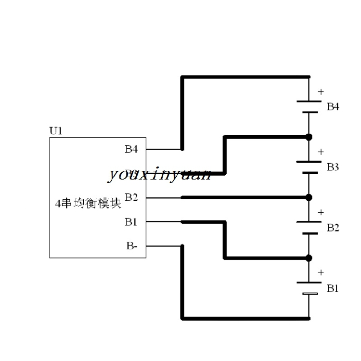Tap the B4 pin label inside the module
(131, 149)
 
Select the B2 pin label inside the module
(131, 197)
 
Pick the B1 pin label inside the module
(131, 221)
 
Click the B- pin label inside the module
(132, 246)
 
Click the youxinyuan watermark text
(159, 174)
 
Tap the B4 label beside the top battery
(333, 107)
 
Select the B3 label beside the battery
(333, 167)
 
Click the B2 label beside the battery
(333, 227)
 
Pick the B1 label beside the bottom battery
(333, 288)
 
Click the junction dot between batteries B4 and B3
(309, 137)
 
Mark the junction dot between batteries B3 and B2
(309, 197)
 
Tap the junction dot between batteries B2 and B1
(309, 258)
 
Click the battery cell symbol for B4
(309, 107)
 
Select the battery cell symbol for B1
(309, 288)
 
